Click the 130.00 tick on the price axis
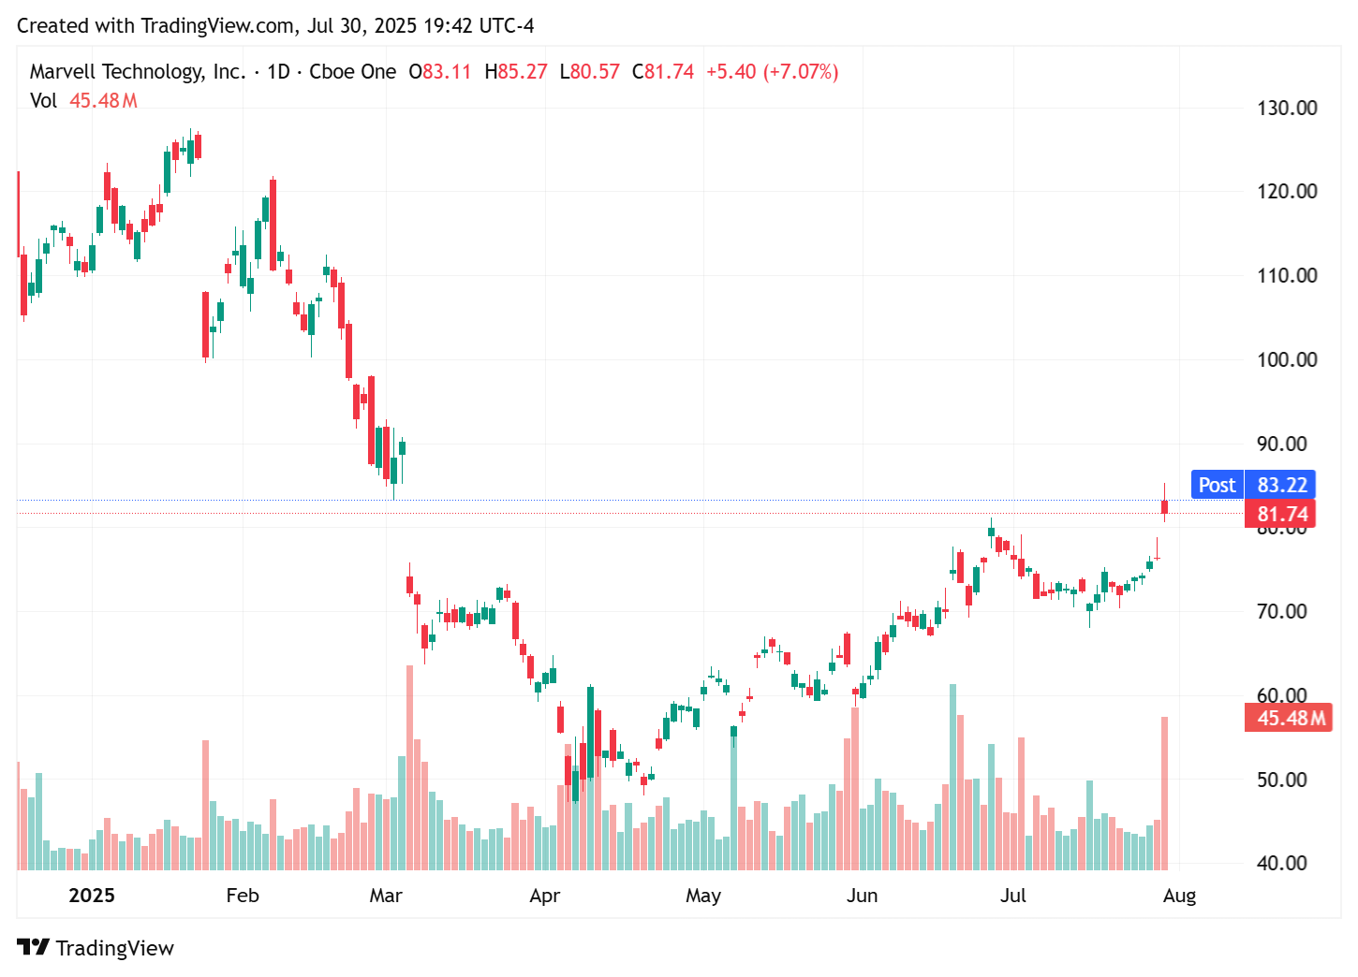pos(1286,108)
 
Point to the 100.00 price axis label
pos(1286,359)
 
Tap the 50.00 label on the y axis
pos(1281,780)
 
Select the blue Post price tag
pos(1217,485)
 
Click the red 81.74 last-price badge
pos(1280,514)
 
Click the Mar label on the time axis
pos(386,896)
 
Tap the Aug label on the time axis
pos(1179,896)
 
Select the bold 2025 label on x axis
pos(92,896)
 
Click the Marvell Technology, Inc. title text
pos(137,72)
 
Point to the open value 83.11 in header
pos(446,72)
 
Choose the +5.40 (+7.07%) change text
pos(772,72)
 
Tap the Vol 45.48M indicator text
pos(83,100)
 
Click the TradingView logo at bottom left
pos(96,947)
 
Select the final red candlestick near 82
pos(1164,507)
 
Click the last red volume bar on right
pos(1164,794)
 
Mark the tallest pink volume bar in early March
pos(409,767)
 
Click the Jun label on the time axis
pos(862,896)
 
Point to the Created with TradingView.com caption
pos(275,25)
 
